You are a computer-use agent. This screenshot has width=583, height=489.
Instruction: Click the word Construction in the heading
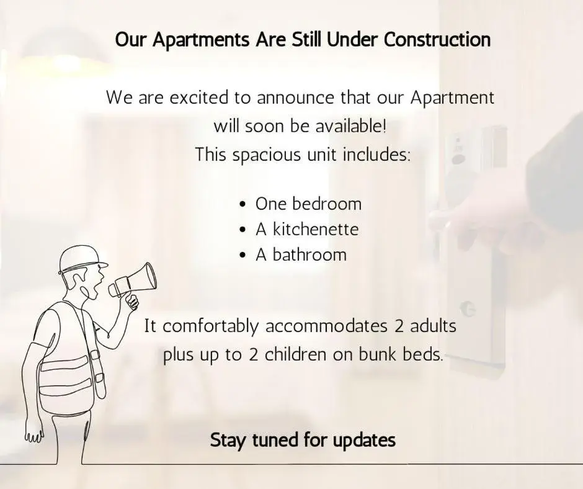(437, 40)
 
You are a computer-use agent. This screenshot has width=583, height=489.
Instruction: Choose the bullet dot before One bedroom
(243, 204)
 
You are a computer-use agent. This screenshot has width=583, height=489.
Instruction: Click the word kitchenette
(316, 229)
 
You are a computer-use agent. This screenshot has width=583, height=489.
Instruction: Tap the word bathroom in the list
(309, 255)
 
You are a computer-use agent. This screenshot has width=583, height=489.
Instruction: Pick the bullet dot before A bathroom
(243, 255)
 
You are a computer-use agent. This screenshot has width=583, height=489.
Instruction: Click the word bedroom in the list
(327, 204)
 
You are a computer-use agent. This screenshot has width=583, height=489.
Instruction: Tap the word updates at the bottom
(364, 441)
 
